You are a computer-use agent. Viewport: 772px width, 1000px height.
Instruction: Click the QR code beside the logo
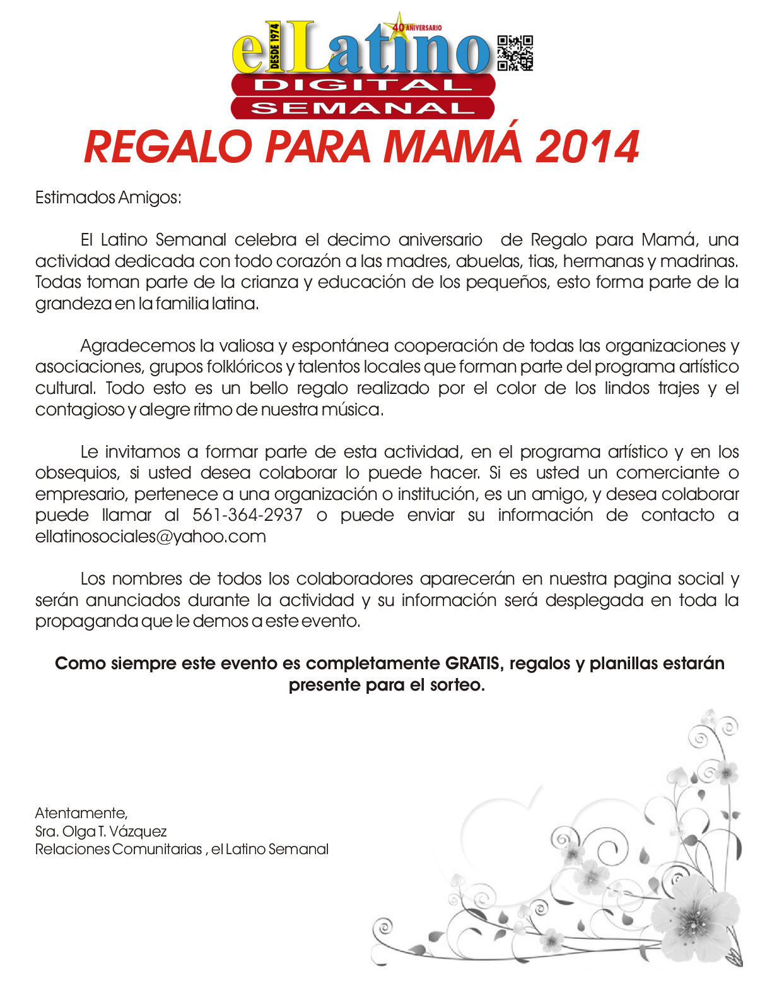tap(515, 53)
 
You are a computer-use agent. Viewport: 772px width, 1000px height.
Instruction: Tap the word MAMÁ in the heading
tap(453, 147)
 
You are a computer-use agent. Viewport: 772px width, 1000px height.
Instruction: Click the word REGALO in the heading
tap(168, 147)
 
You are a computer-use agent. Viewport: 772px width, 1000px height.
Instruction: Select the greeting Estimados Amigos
tap(108, 198)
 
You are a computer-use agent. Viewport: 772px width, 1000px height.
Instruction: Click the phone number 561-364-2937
tap(247, 515)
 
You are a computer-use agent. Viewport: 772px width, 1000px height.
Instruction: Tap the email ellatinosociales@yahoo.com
tap(150, 537)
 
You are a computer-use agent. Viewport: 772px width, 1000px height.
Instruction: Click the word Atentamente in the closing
tap(81, 812)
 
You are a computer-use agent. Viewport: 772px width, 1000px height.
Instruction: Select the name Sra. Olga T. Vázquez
tap(101, 831)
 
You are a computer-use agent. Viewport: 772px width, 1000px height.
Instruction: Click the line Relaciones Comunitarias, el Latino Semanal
tap(182, 849)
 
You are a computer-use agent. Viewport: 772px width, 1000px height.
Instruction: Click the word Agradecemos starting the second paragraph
tap(138, 346)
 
